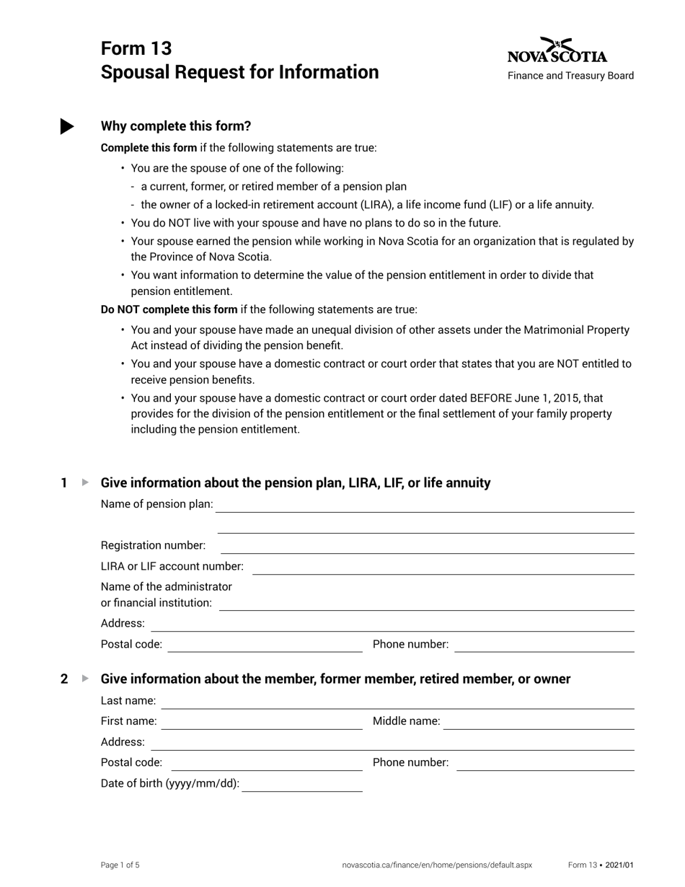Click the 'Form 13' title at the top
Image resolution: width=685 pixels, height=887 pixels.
tap(136, 48)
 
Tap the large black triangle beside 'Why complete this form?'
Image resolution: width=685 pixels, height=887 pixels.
tap(66, 126)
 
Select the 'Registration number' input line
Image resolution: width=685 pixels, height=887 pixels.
tap(425, 546)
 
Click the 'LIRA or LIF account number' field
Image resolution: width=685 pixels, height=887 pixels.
tap(443, 567)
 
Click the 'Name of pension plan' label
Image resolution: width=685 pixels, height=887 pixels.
tap(156, 504)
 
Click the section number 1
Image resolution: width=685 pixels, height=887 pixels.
tap(64, 483)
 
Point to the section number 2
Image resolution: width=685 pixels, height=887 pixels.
tap(64, 679)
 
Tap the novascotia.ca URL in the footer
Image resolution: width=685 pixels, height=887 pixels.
tap(437, 865)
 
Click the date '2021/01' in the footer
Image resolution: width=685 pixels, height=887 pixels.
tap(620, 865)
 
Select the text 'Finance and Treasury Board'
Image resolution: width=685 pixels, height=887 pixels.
tap(570, 76)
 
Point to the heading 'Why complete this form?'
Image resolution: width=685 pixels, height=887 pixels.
tap(176, 126)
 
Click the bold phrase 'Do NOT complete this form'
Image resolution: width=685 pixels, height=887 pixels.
tap(169, 309)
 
